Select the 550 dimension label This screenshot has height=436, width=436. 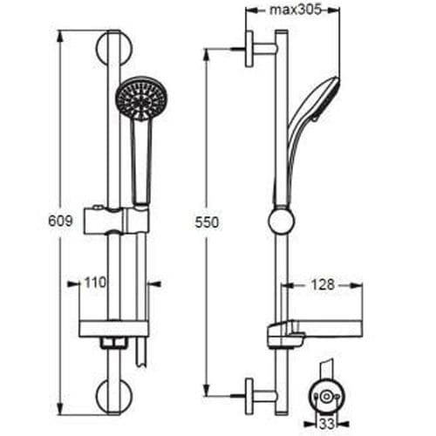[207, 222]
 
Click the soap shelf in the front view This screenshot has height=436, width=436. [113, 328]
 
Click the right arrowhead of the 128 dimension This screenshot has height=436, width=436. [358, 284]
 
